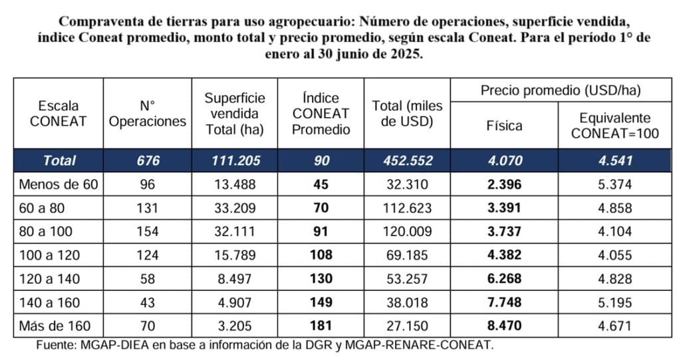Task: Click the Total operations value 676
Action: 147,160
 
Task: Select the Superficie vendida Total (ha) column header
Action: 234,114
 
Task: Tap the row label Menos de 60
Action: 58,184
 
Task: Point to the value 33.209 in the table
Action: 234,208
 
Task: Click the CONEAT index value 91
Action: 321,232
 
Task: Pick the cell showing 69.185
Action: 406,255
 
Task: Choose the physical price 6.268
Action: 503,279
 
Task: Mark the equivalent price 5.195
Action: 614,302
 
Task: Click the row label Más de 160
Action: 58,326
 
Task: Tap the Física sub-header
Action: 503,125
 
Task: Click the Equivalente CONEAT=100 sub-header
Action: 614,125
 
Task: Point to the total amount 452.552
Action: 406,160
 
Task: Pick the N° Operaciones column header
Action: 147,114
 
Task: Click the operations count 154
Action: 147,232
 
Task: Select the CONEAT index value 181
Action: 321,326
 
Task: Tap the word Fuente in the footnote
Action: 55,345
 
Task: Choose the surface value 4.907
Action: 234,302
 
